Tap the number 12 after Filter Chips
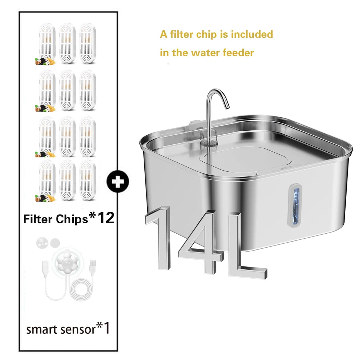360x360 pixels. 106,218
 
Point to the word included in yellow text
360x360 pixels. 252,35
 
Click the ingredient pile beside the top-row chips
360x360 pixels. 45,62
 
